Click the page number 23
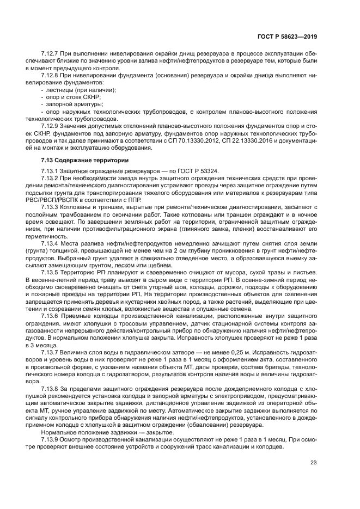(x=313, y=463)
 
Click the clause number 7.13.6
(x=49, y=316)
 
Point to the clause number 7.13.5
(x=49, y=272)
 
